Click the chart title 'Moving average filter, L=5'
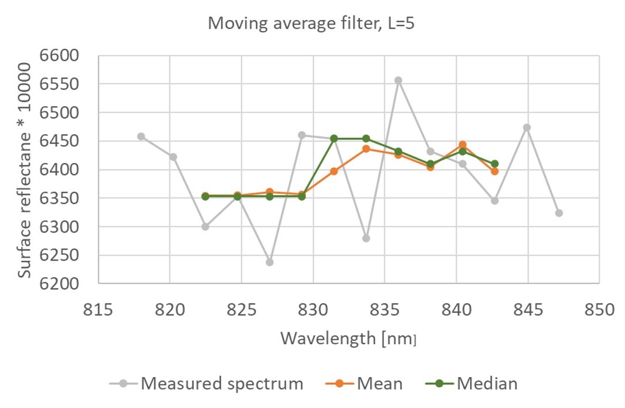312,24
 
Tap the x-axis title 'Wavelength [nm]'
348,339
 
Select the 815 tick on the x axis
98,310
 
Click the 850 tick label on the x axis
599,310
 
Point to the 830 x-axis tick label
313,310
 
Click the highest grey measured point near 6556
398,80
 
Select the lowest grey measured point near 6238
269,262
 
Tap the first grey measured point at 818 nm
141,137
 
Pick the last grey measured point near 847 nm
559,213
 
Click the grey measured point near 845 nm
527,127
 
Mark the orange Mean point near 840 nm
463,145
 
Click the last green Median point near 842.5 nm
495,164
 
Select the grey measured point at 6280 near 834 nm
366,238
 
